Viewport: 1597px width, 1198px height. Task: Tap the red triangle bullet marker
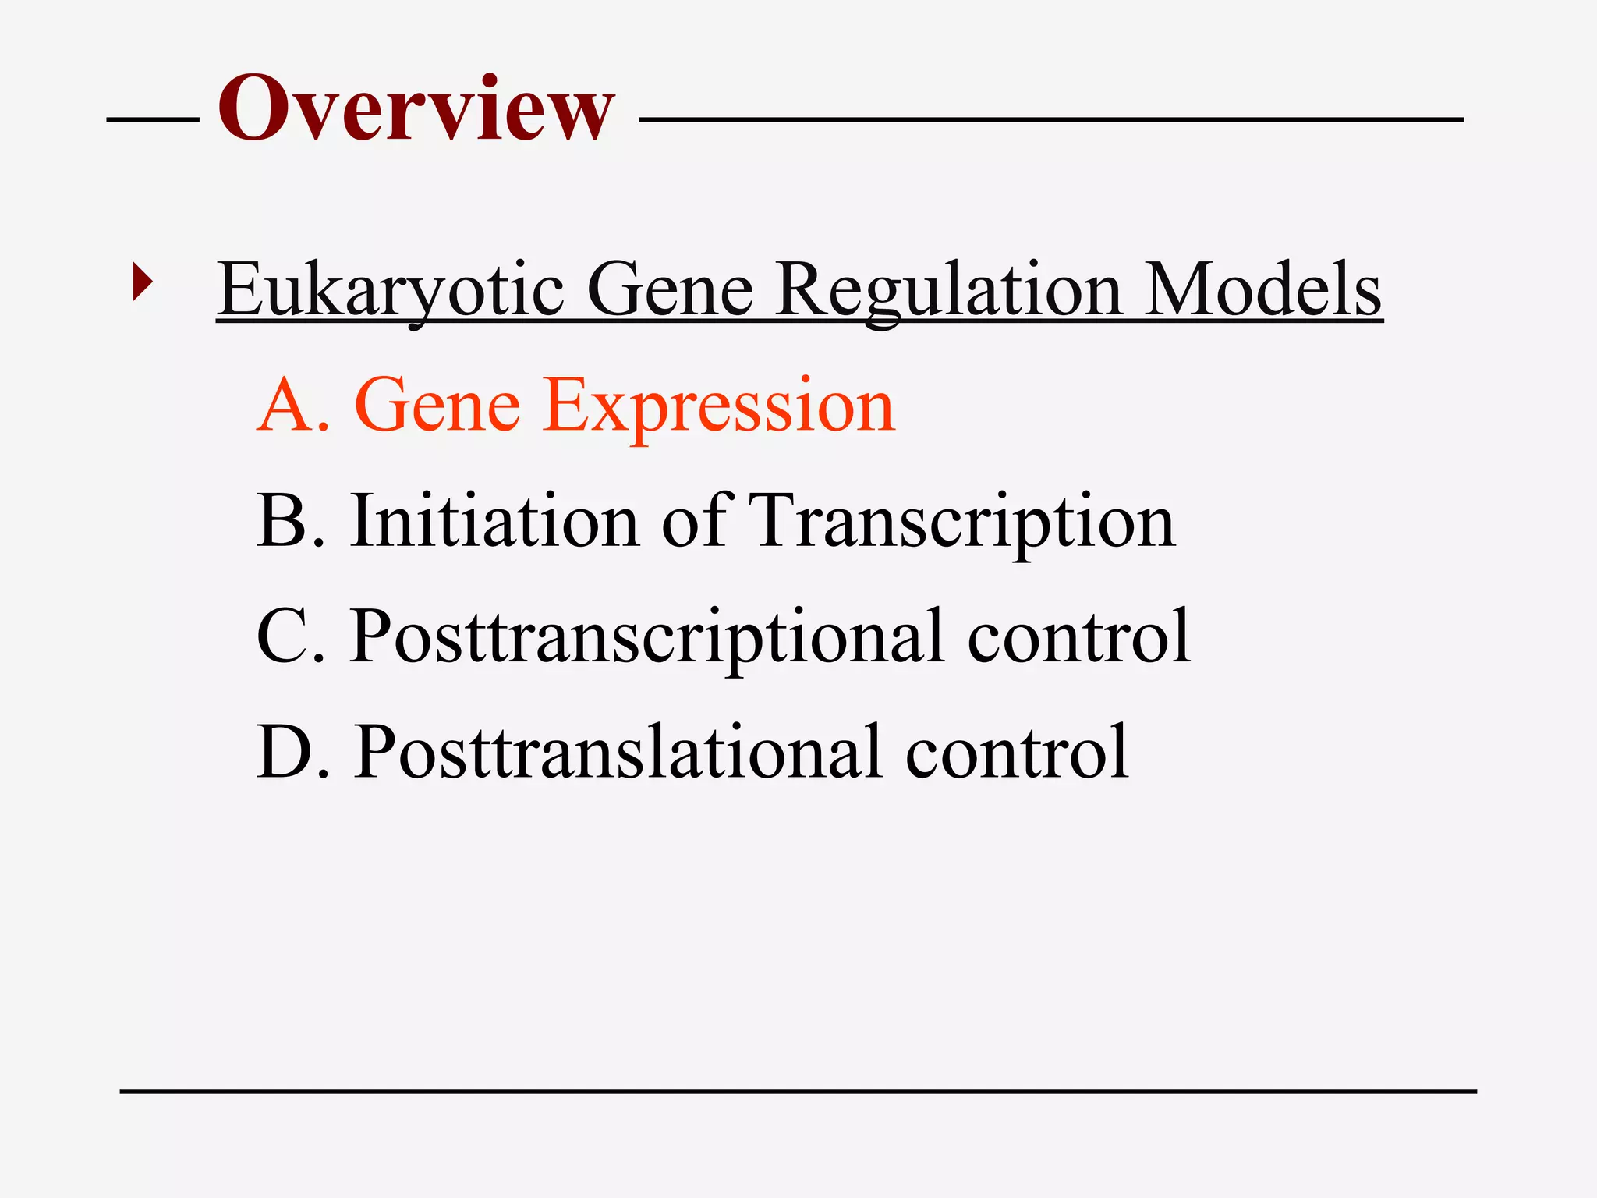pyautogui.click(x=142, y=282)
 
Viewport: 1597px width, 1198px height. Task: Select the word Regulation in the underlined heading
pyautogui.click(x=948, y=290)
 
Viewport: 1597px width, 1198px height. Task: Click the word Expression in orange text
pyautogui.click(x=718, y=406)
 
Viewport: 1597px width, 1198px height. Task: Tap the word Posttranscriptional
pyautogui.click(x=647, y=636)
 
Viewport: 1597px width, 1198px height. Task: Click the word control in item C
pyautogui.click(x=1079, y=636)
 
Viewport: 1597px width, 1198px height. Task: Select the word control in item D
pyautogui.click(x=1017, y=752)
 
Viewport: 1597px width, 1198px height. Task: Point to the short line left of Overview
pyautogui.click(x=153, y=120)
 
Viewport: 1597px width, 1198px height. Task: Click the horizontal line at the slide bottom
pyautogui.click(x=798, y=1091)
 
